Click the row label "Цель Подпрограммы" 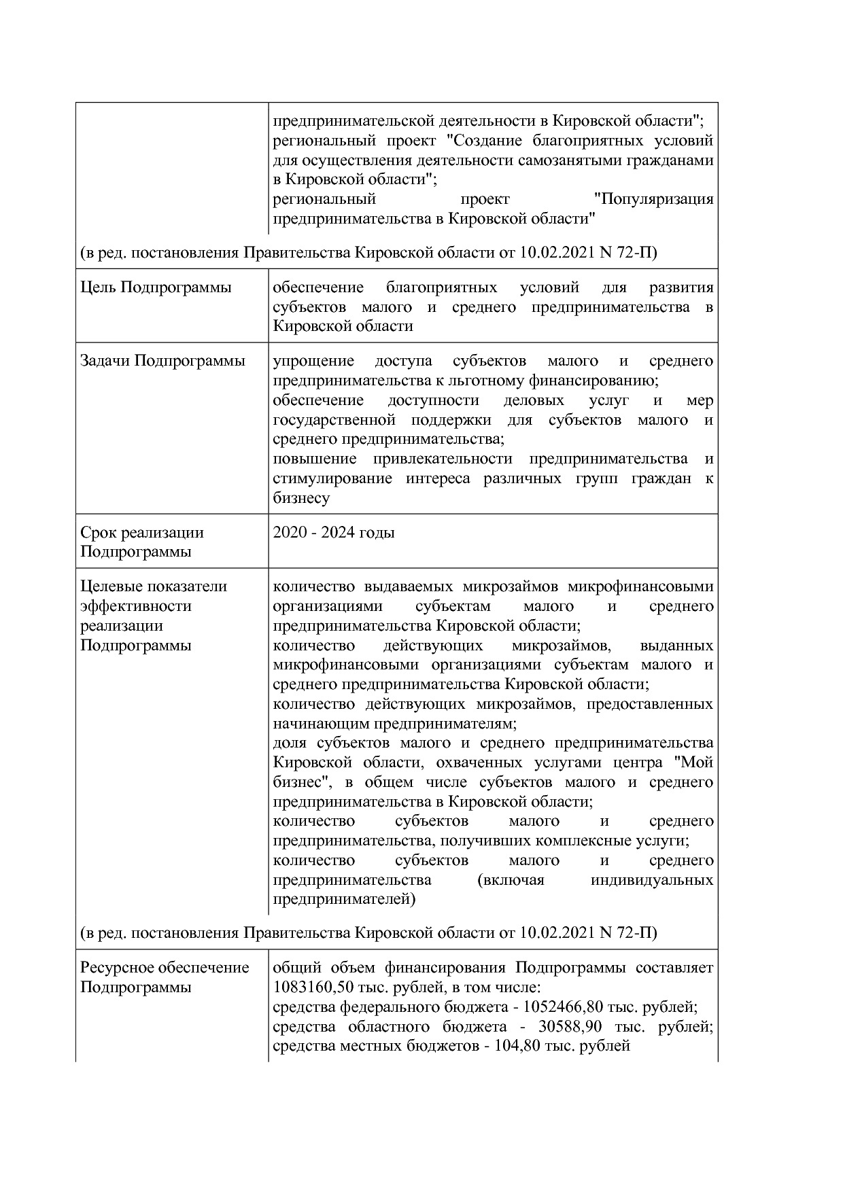[156, 287]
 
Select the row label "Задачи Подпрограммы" [162, 361]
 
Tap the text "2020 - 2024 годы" [333, 532]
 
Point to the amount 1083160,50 [316, 987]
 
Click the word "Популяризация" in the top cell [653, 200]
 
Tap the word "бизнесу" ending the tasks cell [301, 498]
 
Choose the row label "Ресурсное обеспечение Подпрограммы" [165, 977]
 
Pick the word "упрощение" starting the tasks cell [313, 361]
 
